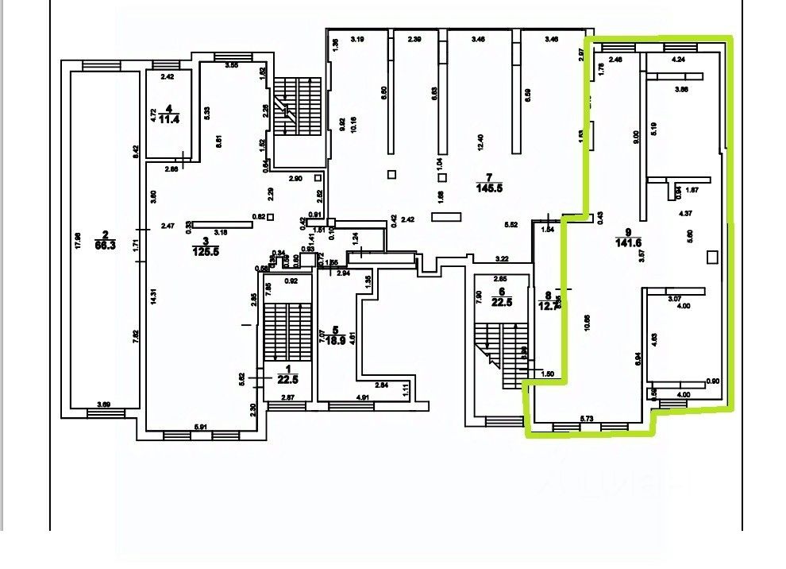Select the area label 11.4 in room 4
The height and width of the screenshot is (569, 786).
(168, 120)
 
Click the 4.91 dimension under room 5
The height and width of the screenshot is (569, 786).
(363, 397)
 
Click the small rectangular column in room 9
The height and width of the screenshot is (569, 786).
(712, 256)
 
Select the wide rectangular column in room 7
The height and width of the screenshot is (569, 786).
(445, 216)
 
